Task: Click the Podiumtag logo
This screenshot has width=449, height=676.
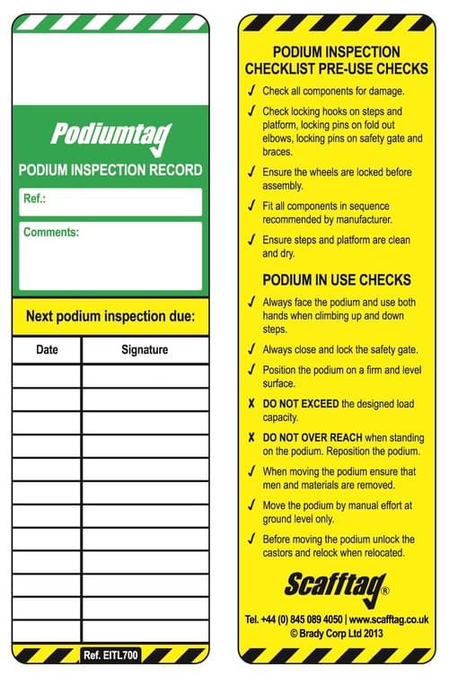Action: (110, 136)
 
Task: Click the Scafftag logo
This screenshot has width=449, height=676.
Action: (336, 586)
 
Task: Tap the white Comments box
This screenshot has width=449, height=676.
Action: (110, 256)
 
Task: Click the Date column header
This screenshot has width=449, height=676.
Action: (47, 349)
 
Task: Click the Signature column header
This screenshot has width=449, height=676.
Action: (144, 349)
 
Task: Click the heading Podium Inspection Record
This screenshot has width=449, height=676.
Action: (110, 170)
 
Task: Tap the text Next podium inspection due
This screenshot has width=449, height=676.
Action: (110, 316)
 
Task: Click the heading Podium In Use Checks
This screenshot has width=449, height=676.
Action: (337, 279)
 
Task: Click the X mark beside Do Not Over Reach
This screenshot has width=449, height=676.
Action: (251, 437)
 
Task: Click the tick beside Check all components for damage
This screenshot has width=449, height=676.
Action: (251, 91)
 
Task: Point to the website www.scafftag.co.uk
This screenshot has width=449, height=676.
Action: (388, 619)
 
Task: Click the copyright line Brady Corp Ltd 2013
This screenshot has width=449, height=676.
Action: (337, 633)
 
